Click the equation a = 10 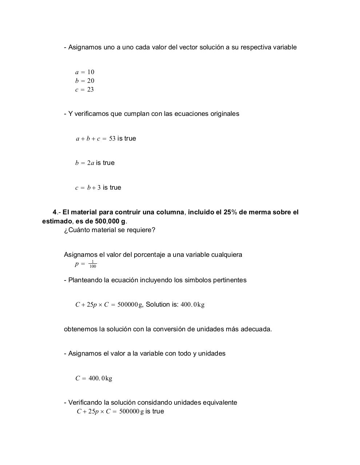click(x=85, y=72)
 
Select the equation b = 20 click(x=85, y=81)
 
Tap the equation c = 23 click(x=85, y=89)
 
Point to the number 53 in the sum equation click(x=112, y=138)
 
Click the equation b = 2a click(x=85, y=163)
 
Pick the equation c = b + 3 click(x=88, y=187)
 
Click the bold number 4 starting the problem click(x=55, y=212)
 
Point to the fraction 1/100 click(x=93, y=264)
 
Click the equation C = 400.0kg click(x=94, y=378)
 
